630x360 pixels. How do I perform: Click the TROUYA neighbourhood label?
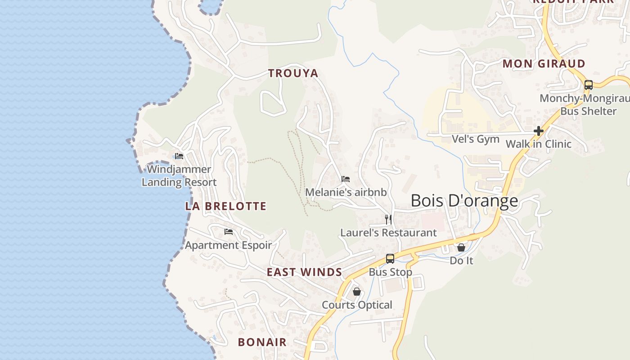[x=293, y=73]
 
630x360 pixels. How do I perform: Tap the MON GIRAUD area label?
[x=544, y=64]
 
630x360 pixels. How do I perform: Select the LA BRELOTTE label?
[x=226, y=207]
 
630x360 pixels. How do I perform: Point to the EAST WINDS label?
[x=304, y=272]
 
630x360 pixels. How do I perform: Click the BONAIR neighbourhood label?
[x=262, y=342]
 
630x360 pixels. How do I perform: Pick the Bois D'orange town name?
[x=464, y=201]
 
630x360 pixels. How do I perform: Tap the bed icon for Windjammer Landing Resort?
[x=179, y=156]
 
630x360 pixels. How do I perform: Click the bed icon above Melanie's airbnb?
[x=346, y=179]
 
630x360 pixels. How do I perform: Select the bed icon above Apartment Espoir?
[x=229, y=232]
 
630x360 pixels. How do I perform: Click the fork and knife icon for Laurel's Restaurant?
[x=388, y=220]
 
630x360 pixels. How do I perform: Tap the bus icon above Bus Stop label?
[x=390, y=259]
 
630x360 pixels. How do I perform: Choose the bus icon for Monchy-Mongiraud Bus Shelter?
[x=588, y=85]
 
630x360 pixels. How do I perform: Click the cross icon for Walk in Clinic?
[x=538, y=131]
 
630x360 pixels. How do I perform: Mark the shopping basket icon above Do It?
[x=461, y=247]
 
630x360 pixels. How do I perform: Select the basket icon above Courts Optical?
[x=357, y=292]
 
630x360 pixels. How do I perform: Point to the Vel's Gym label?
[x=476, y=139]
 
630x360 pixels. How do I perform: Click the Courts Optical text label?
[x=357, y=305]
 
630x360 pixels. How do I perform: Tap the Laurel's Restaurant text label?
[x=388, y=233]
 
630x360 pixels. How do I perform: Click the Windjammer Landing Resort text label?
[x=179, y=176]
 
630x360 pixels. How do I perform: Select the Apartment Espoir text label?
[x=229, y=245]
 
